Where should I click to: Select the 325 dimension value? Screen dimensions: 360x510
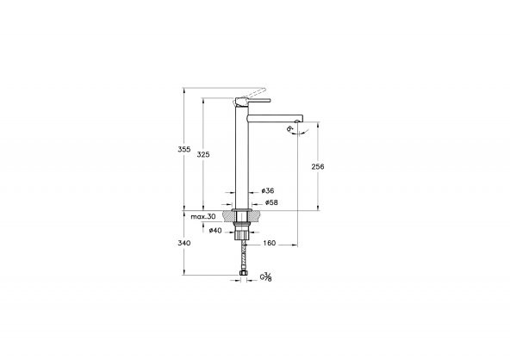pyautogui.click(x=203, y=154)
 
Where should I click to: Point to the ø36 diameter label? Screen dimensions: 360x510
pyautogui.click(x=268, y=190)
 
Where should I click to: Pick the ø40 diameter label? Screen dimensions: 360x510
pyautogui.click(x=215, y=229)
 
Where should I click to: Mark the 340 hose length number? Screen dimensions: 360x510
pyautogui.click(x=183, y=243)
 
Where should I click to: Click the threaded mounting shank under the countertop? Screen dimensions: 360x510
pyautogui.click(x=243, y=227)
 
